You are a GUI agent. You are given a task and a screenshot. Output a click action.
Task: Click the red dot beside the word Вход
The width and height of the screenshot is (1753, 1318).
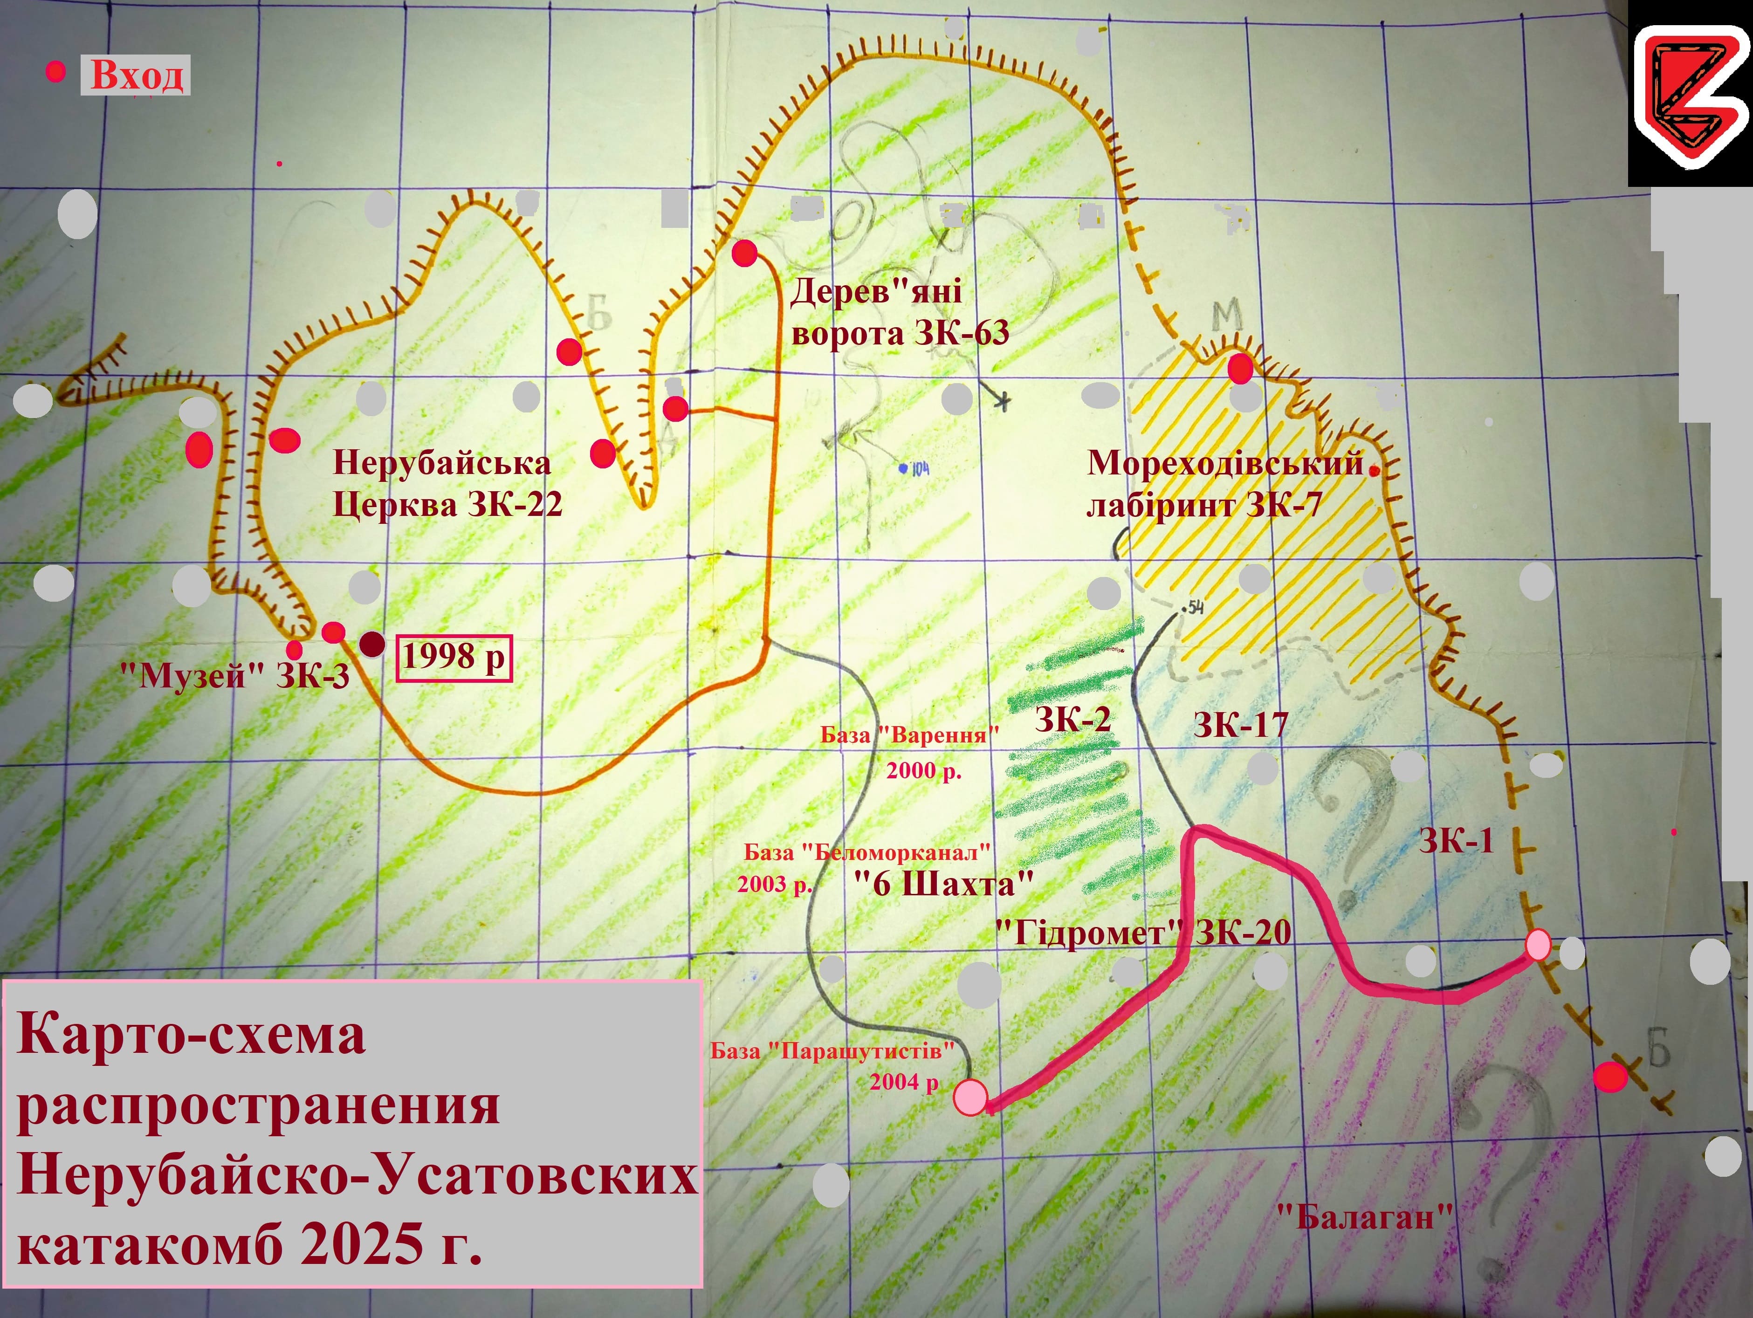click(x=55, y=73)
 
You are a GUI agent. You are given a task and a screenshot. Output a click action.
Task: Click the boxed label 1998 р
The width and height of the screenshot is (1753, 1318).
click(x=454, y=657)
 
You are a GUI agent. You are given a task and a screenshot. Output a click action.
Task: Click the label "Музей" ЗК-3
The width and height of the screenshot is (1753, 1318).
click(x=234, y=676)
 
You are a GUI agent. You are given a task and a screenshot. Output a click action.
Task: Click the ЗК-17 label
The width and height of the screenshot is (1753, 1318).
click(x=1240, y=724)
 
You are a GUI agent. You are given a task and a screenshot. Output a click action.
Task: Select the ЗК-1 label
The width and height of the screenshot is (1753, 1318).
click(x=1456, y=841)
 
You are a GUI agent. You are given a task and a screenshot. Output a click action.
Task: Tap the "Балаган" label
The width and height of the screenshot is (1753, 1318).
click(x=1366, y=1216)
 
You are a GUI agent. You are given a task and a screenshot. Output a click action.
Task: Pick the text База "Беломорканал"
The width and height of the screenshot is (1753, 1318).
click(x=867, y=853)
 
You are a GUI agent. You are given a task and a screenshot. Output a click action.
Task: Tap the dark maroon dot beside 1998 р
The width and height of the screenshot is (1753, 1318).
click(x=371, y=645)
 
